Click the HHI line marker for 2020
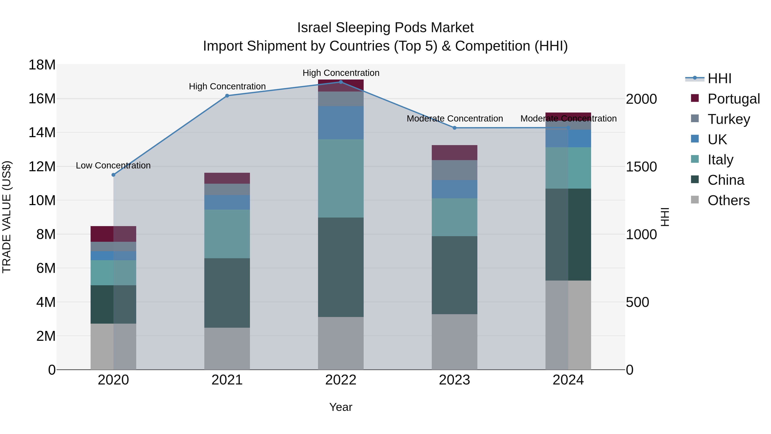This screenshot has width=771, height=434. coord(114,175)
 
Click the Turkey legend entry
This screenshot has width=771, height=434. coord(729,119)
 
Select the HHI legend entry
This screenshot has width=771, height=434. coord(719,78)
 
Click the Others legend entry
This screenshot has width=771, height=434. coord(728,200)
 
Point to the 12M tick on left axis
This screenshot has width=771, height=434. coord(42,167)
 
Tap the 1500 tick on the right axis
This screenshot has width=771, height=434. coord(641,167)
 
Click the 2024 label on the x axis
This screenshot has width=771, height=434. coord(568,380)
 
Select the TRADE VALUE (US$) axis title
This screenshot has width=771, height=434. coord(7,217)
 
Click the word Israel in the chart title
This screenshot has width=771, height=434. coord(314,28)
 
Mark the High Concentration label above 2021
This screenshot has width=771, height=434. coord(227,86)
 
